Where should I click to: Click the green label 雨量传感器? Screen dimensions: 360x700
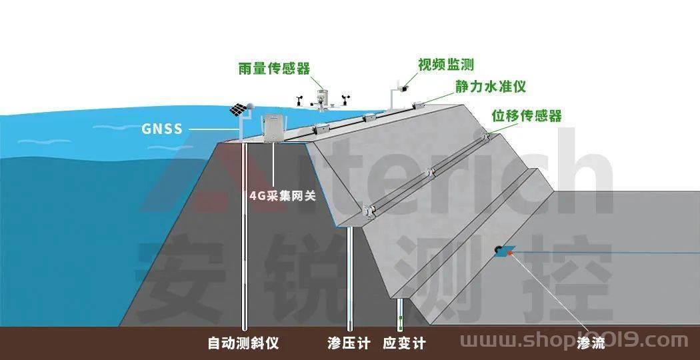[x=274, y=69]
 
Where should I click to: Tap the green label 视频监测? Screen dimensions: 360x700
[x=445, y=65]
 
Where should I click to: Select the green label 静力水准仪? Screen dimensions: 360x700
[x=491, y=87]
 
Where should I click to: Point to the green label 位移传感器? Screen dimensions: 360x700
[x=527, y=115]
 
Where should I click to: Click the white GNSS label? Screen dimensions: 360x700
[x=162, y=129]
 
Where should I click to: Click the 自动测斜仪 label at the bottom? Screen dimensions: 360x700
[x=243, y=343]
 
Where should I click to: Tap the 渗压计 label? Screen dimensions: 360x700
[x=349, y=343]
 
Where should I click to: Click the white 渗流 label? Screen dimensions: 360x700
[x=591, y=343]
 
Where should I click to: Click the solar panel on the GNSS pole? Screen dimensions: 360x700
[x=237, y=109]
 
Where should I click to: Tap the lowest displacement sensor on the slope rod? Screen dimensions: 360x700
[x=368, y=211]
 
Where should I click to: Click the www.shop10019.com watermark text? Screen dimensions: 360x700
[x=574, y=341]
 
